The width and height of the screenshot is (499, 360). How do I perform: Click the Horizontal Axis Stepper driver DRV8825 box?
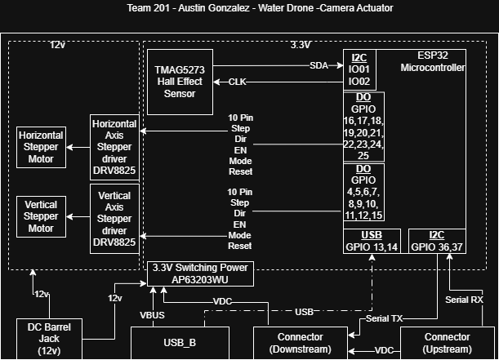pos(114,148)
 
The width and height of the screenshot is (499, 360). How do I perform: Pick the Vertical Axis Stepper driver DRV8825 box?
pos(114,218)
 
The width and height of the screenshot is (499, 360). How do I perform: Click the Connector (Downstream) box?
pos(301,343)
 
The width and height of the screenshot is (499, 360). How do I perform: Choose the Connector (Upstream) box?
pos(448,343)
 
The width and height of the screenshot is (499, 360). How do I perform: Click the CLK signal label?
pos(238,82)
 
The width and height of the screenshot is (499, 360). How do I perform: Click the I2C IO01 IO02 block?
pos(359,70)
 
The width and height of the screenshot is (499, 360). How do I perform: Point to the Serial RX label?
pos(464,300)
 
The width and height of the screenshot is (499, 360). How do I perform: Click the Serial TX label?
pos(384,318)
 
